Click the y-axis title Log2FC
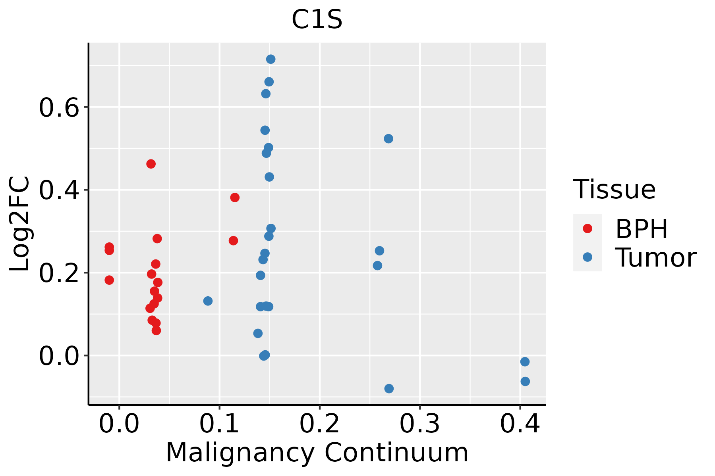coord(20,224)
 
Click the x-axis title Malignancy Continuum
coord(317,453)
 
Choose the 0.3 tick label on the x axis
coord(419,424)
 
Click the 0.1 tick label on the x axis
coord(219,424)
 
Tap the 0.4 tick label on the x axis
coord(520,424)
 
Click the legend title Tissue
coord(614,190)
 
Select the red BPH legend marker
coord(587,228)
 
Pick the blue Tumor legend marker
coord(587,257)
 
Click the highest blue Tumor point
coord(271,59)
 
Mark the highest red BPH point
coord(151,164)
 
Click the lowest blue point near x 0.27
coord(389,388)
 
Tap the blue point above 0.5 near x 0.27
coord(388,138)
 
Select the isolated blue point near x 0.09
coord(208,301)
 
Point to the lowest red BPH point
coord(157,330)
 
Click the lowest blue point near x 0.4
coord(525,381)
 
